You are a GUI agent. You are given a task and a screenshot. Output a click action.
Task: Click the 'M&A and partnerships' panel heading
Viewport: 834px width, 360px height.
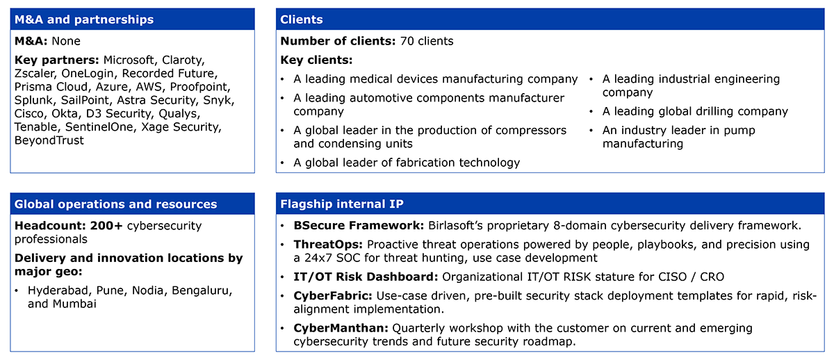[x=84, y=19]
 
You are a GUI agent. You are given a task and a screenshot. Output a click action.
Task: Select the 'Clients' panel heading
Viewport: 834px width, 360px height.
[x=301, y=19]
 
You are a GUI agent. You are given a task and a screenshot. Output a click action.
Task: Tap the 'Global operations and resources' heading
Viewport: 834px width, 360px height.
[x=115, y=204]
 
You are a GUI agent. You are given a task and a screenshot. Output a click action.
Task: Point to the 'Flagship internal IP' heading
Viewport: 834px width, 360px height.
[x=341, y=204]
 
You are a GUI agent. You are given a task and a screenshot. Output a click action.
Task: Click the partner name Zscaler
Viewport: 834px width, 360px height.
[x=35, y=74]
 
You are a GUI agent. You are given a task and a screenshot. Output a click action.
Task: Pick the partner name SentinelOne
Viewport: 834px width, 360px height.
[x=99, y=127]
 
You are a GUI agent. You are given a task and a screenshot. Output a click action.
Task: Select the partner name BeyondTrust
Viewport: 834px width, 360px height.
[x=49, y=140]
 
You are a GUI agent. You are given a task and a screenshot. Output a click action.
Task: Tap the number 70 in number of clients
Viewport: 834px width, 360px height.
[x=407, y=41]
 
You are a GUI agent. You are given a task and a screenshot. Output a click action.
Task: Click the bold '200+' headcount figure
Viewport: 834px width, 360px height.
[x=106, y=226]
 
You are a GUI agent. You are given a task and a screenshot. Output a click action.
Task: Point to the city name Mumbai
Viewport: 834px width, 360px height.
[x=74, y=304]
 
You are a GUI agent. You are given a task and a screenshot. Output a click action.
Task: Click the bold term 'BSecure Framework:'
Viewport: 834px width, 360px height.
[x=359, y=226]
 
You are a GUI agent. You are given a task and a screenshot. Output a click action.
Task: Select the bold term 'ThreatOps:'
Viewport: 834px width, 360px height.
[x=328, y=245]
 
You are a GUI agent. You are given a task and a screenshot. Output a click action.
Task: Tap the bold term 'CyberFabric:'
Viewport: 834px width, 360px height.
[x=333, y=295]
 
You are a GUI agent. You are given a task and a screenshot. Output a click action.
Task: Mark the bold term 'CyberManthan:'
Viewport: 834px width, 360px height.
[x=341, y=328]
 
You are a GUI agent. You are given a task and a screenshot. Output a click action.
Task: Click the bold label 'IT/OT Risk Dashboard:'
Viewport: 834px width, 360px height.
[x=366, y=277]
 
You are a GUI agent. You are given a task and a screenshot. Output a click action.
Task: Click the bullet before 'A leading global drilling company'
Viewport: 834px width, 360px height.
[x=591, y=112]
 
